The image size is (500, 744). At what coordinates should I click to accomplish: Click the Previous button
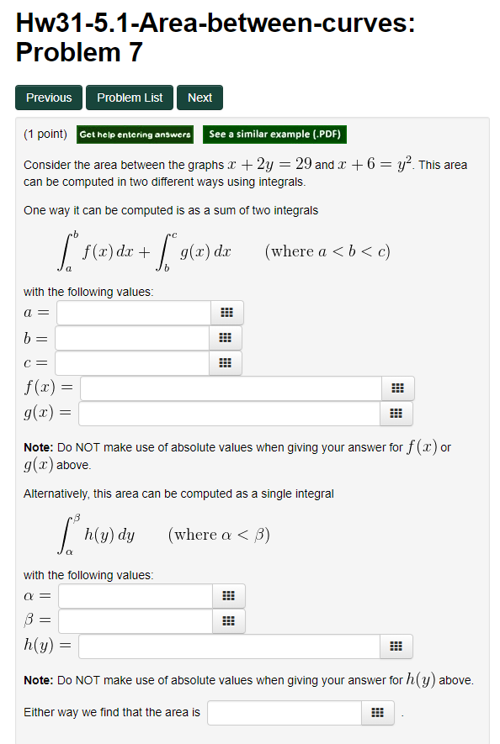pos(49,98)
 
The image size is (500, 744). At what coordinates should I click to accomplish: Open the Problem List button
pos(130,98)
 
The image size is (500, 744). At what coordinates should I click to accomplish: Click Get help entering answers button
pos(136,135)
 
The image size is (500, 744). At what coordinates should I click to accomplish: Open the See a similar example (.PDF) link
pos(274,135)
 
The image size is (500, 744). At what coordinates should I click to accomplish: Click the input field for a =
pos(133,313)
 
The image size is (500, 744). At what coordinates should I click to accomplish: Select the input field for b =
pos(132,338)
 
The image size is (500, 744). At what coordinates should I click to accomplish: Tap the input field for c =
pos(132,363)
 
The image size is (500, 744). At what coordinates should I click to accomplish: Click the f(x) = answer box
pos(231,388)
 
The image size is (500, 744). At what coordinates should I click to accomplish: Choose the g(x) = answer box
pos(230,414)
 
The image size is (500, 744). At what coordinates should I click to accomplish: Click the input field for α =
pos(135,596)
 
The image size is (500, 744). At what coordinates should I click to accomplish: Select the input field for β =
pos(135,621)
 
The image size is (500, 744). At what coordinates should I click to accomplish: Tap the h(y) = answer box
pos(229,646)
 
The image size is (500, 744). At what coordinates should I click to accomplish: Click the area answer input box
pos(285,713)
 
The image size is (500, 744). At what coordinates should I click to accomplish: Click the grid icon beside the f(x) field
pos(397,388)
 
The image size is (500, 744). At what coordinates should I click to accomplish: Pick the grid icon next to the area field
pos(377,713)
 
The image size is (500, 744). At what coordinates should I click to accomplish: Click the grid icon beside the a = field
pos(226,313)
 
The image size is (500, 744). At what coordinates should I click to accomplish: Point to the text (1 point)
pos(45,135)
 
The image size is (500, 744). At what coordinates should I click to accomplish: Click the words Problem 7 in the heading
pos(79,53)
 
